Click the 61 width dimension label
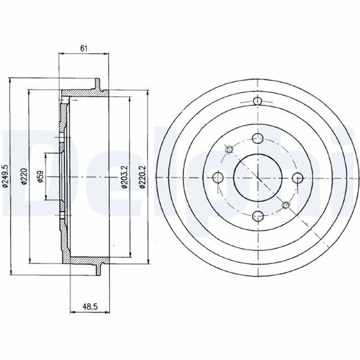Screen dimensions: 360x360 point(84,49)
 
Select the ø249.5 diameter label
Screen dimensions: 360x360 point(5,176)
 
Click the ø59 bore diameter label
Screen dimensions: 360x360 point(40,176)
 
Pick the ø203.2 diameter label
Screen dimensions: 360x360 point(124,177)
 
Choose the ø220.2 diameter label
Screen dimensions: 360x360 point(143,177)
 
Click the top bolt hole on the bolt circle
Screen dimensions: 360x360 point(257,139)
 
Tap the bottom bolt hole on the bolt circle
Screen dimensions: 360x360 point(257,216)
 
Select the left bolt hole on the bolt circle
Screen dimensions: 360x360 point(218,178)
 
